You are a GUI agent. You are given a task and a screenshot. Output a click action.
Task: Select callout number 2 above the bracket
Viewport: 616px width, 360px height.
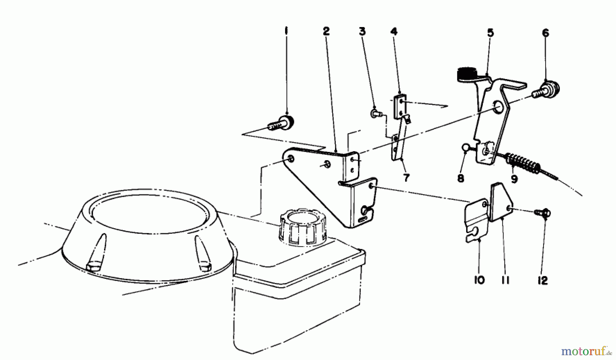click(326, 31)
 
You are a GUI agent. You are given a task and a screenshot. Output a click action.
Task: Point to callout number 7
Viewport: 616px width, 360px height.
click(406, 178)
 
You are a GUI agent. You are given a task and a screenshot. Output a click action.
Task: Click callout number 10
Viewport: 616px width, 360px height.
click(479, 280)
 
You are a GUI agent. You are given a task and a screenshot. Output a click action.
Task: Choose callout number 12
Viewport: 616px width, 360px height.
click(543, 281)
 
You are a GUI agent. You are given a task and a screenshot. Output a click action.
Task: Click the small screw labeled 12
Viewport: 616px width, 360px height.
click(544, 213)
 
